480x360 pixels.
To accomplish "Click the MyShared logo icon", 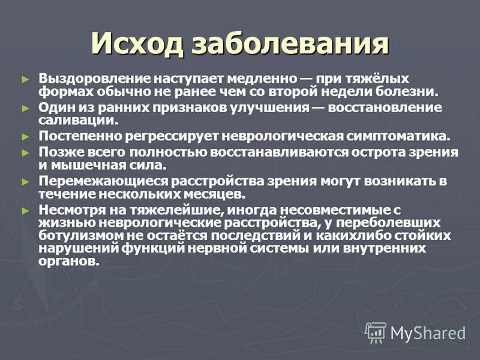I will (376, 332).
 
